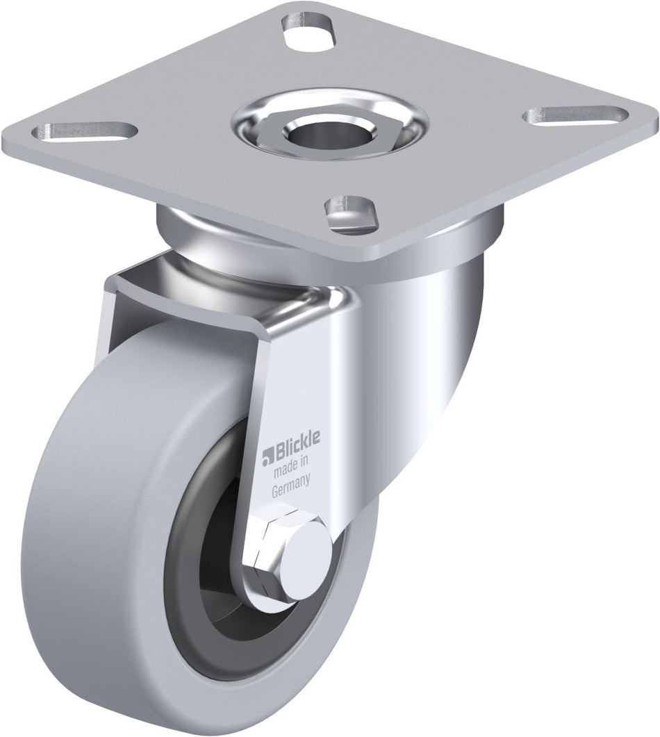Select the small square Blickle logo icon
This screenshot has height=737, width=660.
(265, 458)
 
